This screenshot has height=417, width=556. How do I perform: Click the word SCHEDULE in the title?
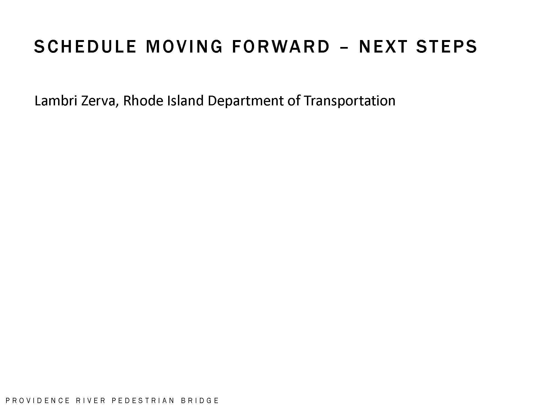pos(85,46)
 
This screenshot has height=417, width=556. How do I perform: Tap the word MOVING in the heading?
pos(184,46)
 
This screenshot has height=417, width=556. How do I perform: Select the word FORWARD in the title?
pos(281,46)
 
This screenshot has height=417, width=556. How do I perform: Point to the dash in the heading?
pos(344,48)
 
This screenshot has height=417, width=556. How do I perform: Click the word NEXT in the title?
pos(383,46)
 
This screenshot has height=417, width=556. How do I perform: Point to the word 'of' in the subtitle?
pos(294,100)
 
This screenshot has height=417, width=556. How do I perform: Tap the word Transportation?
pos(349,101)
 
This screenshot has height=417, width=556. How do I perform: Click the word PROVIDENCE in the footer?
pos(38,401)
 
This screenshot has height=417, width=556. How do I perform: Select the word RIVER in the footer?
pos(91,401)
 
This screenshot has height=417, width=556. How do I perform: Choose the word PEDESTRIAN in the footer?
pos(143,401)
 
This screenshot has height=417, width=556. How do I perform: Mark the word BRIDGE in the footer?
pos(200,401)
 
